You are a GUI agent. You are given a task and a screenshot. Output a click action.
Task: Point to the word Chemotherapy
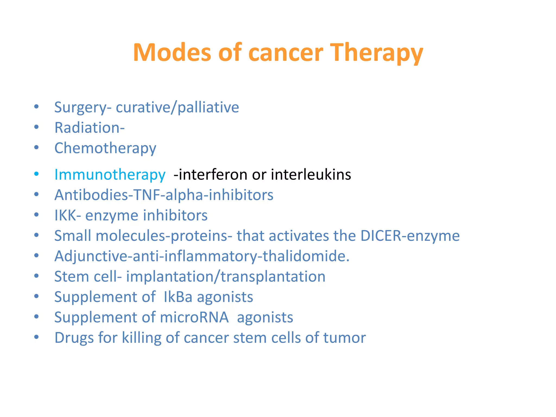105,149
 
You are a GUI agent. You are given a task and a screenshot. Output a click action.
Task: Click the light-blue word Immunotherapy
110,175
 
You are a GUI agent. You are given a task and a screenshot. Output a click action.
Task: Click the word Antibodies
91,195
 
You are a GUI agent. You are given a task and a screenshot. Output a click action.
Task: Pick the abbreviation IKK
65,216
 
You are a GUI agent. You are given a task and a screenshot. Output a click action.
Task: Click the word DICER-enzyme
410,236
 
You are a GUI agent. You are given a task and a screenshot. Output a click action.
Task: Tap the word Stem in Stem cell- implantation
72,277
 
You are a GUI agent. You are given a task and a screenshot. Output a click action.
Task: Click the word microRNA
194,317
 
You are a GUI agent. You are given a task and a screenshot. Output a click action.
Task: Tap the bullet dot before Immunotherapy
36,174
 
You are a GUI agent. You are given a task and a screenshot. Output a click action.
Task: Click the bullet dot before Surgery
36,107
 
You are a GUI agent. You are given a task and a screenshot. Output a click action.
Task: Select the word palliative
208,108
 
